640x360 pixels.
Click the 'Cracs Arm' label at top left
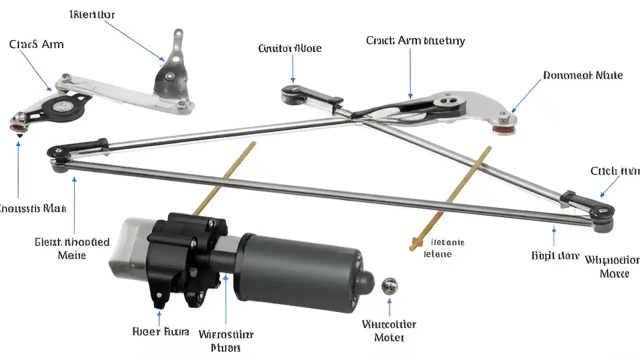click(x=36, y=44)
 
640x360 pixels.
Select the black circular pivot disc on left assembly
click(x=62, y=106)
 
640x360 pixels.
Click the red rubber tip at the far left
click(x=18, y=128)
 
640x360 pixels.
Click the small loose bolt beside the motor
click(x=389, y=286)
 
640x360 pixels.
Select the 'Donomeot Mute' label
click(x=582, y=75)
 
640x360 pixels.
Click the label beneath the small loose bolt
click(x=389, y=330)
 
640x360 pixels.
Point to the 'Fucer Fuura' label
click(x=160, y=331)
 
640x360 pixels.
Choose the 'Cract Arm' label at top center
click(x=415, y=41)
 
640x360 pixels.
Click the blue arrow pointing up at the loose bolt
click(x=389, y=307)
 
